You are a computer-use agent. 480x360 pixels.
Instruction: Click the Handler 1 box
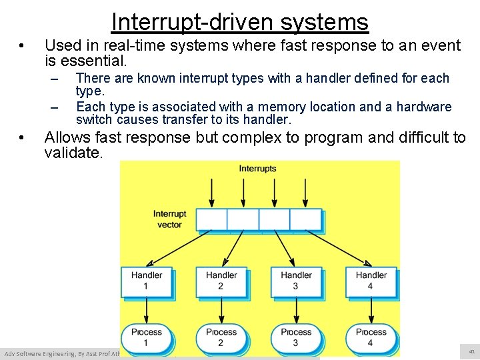point(147,281)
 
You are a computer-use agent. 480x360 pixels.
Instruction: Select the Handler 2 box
point(221,281)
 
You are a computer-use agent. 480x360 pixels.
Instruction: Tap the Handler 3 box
point(296,281)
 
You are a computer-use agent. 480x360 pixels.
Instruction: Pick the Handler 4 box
point(371,281)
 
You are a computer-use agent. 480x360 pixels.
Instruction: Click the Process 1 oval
point(147,337)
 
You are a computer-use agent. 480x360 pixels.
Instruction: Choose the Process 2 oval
point(221,337)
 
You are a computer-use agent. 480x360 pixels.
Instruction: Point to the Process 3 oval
point(296,337)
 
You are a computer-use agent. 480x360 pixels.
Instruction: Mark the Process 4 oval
point(371,337)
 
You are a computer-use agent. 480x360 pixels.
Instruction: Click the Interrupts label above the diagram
point(257,169)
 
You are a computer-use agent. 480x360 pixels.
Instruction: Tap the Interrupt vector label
point(169,219)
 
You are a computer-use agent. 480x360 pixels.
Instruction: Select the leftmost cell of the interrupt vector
point(211,219)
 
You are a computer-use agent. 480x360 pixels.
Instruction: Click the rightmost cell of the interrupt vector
point(306,219)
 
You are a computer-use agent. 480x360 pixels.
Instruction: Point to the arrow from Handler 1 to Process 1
point(147,310)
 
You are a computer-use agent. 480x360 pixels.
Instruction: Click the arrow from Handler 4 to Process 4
point(371,310)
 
